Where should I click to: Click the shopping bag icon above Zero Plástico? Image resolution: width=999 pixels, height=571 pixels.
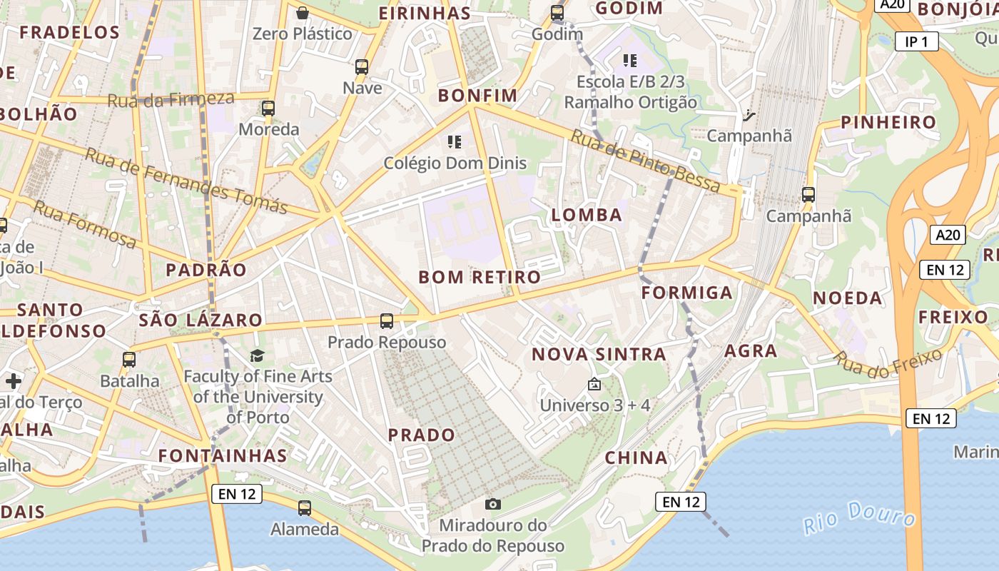point(303,13)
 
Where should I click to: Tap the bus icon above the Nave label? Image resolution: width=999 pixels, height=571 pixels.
point(362,67)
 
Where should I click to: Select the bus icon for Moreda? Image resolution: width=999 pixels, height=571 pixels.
point(268,108)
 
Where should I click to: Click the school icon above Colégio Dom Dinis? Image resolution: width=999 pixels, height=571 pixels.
point(455,142)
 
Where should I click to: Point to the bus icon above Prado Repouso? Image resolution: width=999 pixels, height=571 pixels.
point(387,321)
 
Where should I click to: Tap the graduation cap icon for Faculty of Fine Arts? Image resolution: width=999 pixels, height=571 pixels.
point(257,355)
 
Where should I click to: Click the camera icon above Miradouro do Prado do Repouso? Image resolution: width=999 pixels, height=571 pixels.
point(492,504)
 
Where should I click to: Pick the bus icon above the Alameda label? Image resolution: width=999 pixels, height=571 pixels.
point(305,508)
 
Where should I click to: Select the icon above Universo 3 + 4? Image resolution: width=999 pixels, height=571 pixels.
point(594,385)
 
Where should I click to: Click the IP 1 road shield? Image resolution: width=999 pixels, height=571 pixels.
point(916,42)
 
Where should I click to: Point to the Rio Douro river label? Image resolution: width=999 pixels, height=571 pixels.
point(859,517)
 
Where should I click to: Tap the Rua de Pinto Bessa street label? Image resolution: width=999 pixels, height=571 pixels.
point(646,161)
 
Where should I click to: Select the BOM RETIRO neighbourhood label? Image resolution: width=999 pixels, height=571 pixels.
point(480,277)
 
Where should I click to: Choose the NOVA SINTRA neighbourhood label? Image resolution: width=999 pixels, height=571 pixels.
point(599,354)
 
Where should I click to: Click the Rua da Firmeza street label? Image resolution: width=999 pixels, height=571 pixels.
point(171,99)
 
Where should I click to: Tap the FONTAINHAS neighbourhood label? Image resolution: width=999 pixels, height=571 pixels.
point(223,455)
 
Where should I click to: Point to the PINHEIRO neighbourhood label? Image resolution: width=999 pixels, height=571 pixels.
point(888,122)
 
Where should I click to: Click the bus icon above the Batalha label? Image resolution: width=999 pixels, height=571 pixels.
point(129,360)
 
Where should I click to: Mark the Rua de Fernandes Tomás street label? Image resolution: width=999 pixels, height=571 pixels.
point(186,181)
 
